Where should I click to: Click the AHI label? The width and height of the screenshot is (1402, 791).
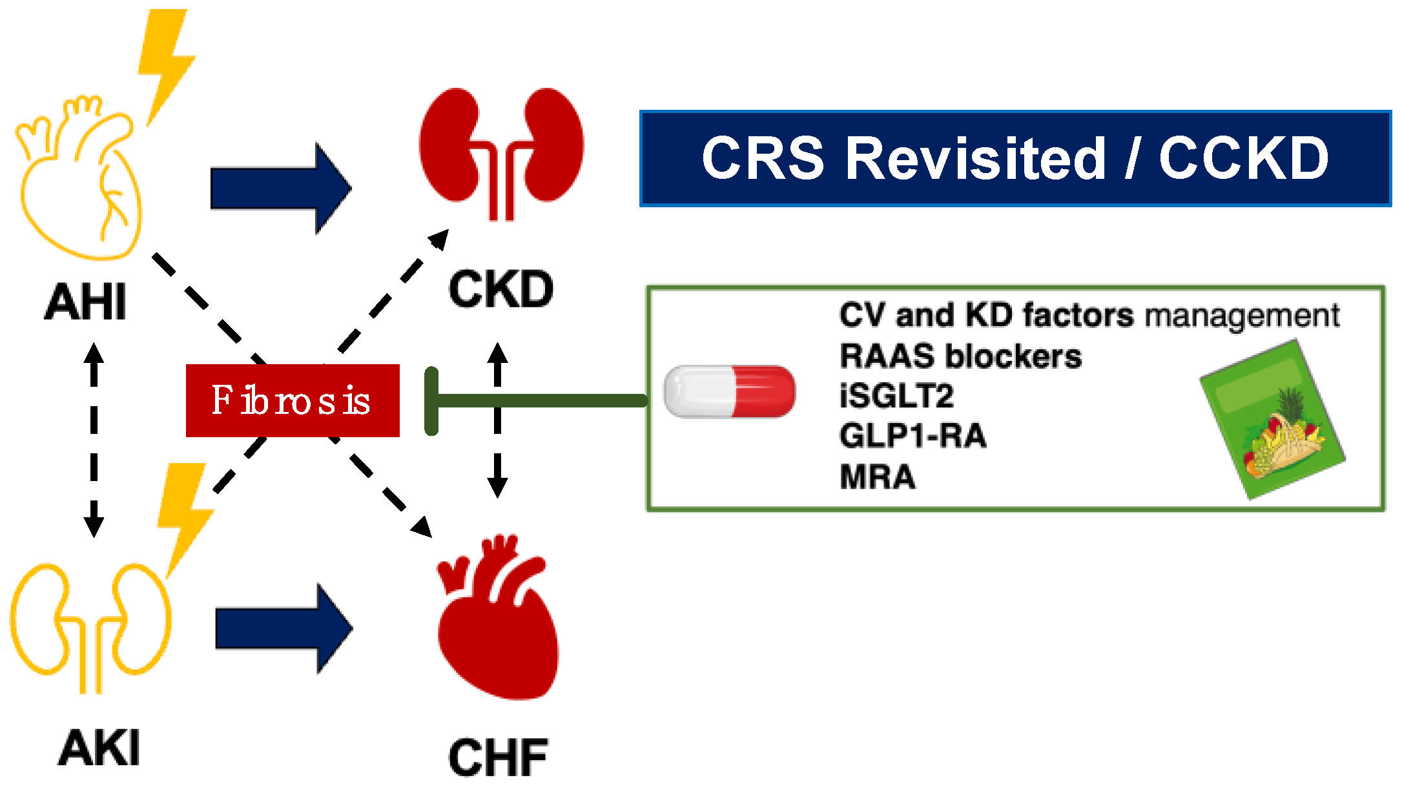[x=85, y=302]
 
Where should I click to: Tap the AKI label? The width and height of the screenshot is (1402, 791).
[x=99, y=748]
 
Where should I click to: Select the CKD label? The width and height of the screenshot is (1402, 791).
[x=501, y=289]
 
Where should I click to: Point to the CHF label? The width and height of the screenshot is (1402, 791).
[x=499, y=757]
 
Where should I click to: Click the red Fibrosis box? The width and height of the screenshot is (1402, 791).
[x=293, y=400]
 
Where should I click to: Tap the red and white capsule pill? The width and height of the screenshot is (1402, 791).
[x=730, y=391]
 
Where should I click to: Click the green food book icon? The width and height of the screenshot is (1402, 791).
[x=1272, y=420]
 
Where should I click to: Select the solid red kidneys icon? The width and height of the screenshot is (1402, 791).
[x=501, y=154]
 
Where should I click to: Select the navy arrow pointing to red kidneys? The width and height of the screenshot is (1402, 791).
[x=281, y=189]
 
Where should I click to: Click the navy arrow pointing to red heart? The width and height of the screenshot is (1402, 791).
[x=284, y=628]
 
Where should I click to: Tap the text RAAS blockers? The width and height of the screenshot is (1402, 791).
[x=961, y=356]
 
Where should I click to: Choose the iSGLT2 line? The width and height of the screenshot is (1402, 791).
[x=897, y=396]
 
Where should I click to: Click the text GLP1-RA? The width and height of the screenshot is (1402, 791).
[x=913, y=435]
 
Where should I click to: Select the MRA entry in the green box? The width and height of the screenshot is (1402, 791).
[x=878, y=477]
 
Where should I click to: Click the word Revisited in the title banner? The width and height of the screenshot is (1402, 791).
[x=976, y=158]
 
